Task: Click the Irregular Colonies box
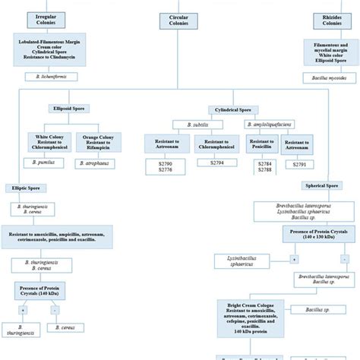pos(43,19)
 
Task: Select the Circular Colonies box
pos(179,19)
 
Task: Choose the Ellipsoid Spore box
pos(68,109)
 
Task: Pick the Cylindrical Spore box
pos(232,109)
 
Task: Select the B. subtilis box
pos(191,124)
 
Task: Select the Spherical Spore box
pos(321,185)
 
